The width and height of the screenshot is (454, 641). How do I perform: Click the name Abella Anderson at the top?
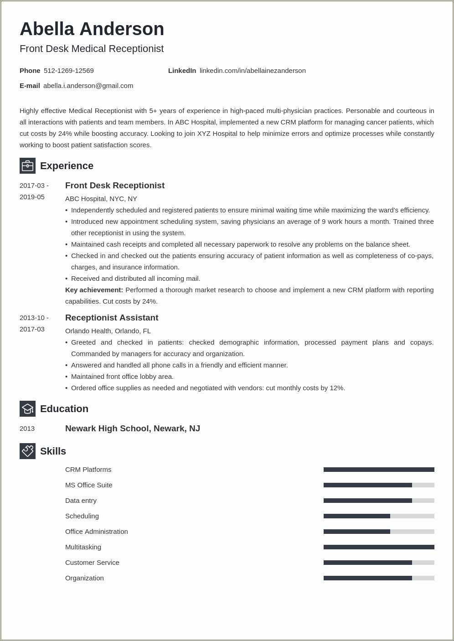click(92, 29)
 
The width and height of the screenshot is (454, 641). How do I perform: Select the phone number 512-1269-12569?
click(68, 71)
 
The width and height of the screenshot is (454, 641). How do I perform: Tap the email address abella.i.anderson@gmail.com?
click(88, 86)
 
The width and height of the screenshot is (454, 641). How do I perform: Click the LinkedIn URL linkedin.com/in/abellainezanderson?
click(253, 71)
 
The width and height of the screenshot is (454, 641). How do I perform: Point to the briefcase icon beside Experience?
click(27, 166)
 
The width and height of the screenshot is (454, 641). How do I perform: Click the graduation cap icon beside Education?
click(27, 409)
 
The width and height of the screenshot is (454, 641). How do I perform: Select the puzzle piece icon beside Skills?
click(27, 451)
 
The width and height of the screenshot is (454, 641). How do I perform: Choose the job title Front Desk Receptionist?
click(114, 186)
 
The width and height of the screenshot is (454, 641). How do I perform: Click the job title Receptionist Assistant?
click(112, 318)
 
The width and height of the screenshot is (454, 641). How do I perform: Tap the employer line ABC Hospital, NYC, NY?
click(101, 199)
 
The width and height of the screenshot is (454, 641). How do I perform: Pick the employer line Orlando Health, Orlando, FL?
click(108, 331)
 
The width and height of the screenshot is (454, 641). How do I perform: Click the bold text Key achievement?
click(94, 290)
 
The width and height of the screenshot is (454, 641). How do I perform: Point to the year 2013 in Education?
click(27, 429)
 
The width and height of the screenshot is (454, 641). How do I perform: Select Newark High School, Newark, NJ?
click(133, 429)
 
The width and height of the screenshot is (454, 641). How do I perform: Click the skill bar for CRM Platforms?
click(379, 470)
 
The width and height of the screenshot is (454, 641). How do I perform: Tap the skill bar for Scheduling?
click(379, 516)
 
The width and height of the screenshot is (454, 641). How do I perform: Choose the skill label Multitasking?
click(83, 547)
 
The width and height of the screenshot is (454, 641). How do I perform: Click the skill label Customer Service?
click(92, 563)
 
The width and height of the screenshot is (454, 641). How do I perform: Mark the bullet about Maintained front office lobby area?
click(122, 377)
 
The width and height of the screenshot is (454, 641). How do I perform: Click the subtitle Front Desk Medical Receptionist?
click(92, 49)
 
